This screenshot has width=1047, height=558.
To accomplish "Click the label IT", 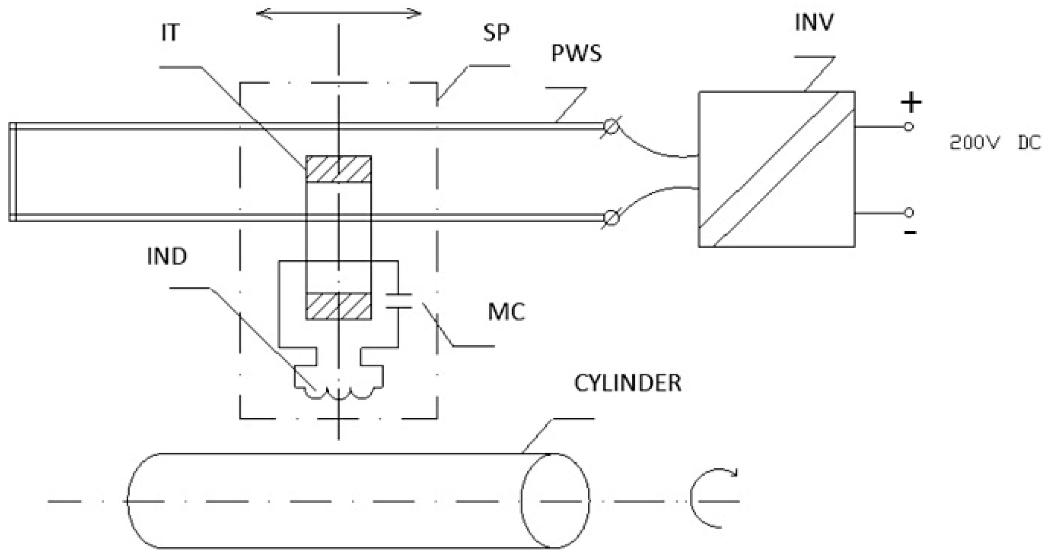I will [170, 33].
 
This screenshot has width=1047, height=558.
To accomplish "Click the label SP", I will [496, 33].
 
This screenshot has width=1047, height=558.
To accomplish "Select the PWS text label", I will [576, 54].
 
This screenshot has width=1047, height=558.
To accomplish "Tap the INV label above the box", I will [814, 22].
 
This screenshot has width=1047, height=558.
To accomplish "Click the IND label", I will [167, 256].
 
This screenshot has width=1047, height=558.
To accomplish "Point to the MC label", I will [506, 312].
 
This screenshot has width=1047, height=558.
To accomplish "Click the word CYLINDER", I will [627, 383].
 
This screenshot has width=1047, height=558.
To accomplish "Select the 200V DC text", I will [995, 143].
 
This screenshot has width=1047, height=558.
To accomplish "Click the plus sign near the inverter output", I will [911, 103].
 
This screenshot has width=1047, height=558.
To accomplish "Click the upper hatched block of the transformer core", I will [338, 169].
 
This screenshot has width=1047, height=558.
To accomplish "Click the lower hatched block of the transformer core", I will [338, 306].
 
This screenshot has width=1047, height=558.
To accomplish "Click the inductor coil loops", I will [339, 392].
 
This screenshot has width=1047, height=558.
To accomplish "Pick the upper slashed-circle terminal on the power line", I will [611, 127].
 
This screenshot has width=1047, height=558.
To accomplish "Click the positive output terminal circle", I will [909, 127].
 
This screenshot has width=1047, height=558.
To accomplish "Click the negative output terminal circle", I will [909, 212].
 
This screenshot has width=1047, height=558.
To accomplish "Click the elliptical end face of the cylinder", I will [555, 501].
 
